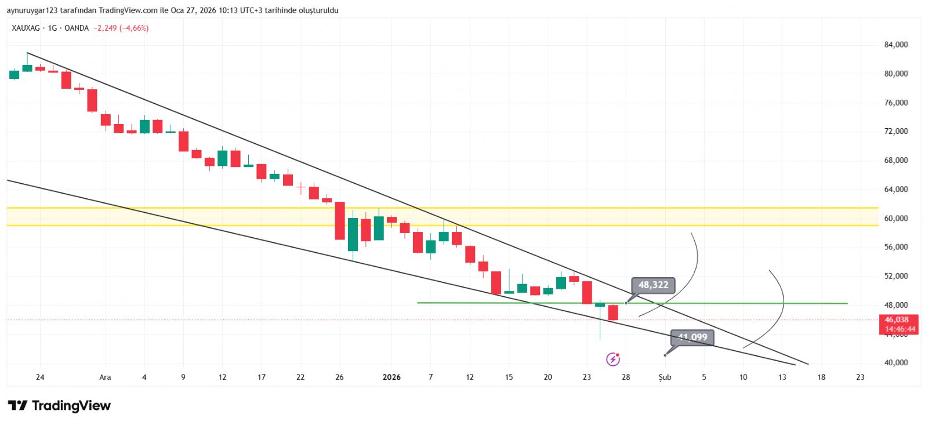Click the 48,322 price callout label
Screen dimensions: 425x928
point(653,285)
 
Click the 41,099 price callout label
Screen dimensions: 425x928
point(693,337)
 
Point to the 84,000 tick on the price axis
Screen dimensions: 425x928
point(896,45)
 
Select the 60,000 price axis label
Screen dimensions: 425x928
point(896,218)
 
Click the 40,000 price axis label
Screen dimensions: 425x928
point(896,362)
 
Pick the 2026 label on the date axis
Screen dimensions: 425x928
point(391,377)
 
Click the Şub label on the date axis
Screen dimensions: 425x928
point(665,377)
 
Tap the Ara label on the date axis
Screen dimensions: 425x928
point(105,377)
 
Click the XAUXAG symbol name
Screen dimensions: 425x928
point(26,28)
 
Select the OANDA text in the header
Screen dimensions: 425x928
point(77,28)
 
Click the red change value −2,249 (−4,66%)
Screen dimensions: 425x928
point(121,28)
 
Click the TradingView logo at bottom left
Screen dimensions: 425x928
point(59,405)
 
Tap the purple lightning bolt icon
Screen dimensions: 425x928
point(612,359)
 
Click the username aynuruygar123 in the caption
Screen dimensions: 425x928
point(31,10)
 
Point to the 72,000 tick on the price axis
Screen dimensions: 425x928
point(896,131)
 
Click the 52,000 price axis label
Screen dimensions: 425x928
point(896,276)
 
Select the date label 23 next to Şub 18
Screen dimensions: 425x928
point(860,377)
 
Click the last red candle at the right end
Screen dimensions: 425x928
point(613,313)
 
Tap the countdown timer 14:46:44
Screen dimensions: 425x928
point(900,329)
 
